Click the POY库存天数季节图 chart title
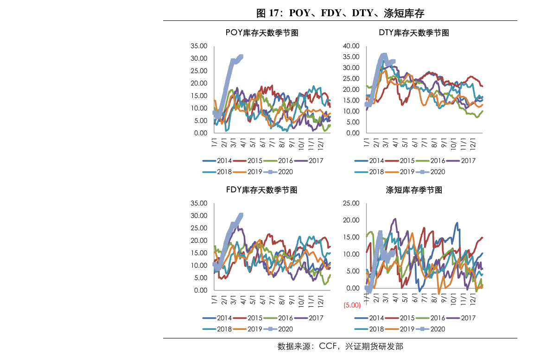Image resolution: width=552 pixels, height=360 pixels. point(261,33)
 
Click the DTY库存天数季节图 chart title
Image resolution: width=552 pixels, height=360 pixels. point(414,33)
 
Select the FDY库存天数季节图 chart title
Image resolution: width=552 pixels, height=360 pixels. point(261,190)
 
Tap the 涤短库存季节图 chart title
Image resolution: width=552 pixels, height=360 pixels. point(414,190)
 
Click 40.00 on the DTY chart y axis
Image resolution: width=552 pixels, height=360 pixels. point(351,46)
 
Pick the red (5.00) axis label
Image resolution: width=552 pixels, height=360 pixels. point(352,305)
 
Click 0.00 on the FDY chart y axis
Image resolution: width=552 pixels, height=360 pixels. point(201,291)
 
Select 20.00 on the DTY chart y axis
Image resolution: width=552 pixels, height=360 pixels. point(351,89)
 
